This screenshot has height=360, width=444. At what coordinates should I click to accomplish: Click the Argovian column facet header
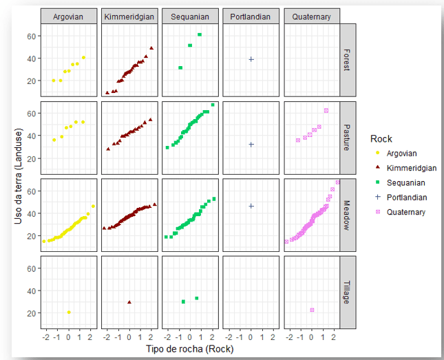tap(69, 17)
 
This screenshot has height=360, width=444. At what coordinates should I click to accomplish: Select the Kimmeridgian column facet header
tap(129, 17)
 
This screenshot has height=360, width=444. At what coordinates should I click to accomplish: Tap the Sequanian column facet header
tap(191, 17)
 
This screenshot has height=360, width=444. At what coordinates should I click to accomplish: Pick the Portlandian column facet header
tap(251, 17)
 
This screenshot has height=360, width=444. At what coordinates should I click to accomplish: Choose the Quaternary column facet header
tap(312, 17)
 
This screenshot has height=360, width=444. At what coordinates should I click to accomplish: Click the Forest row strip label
tap(349, 60)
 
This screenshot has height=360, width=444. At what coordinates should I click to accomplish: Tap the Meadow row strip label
tap(349, 215)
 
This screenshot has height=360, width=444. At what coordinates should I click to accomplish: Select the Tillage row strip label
tap(349, 292)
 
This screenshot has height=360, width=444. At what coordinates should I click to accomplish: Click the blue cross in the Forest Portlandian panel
tap(251, 59)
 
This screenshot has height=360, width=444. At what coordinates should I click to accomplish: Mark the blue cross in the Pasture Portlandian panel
tap(251, 145)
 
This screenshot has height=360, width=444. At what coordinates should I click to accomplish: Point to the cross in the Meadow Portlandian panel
tap(251, 206)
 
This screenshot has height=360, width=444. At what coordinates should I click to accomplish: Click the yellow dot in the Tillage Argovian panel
tap(69, 312)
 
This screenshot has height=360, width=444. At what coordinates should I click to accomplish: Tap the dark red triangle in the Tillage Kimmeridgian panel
tap(129, 302)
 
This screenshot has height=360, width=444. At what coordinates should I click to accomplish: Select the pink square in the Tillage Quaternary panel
tap(312, 310)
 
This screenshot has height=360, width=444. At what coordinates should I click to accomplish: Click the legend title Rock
tap(381, 139)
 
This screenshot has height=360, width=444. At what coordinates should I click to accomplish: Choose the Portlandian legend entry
tap(406, 198)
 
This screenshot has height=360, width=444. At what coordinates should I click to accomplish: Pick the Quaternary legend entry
tap(405, 212)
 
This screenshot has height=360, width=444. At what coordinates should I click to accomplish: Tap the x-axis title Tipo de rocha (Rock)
tap(190, 349)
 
